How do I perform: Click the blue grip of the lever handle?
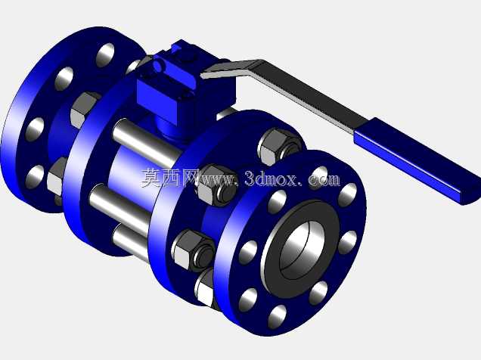point(417,160)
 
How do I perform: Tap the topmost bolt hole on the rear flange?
point(105,55)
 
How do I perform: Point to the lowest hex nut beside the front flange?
point(205,287)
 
